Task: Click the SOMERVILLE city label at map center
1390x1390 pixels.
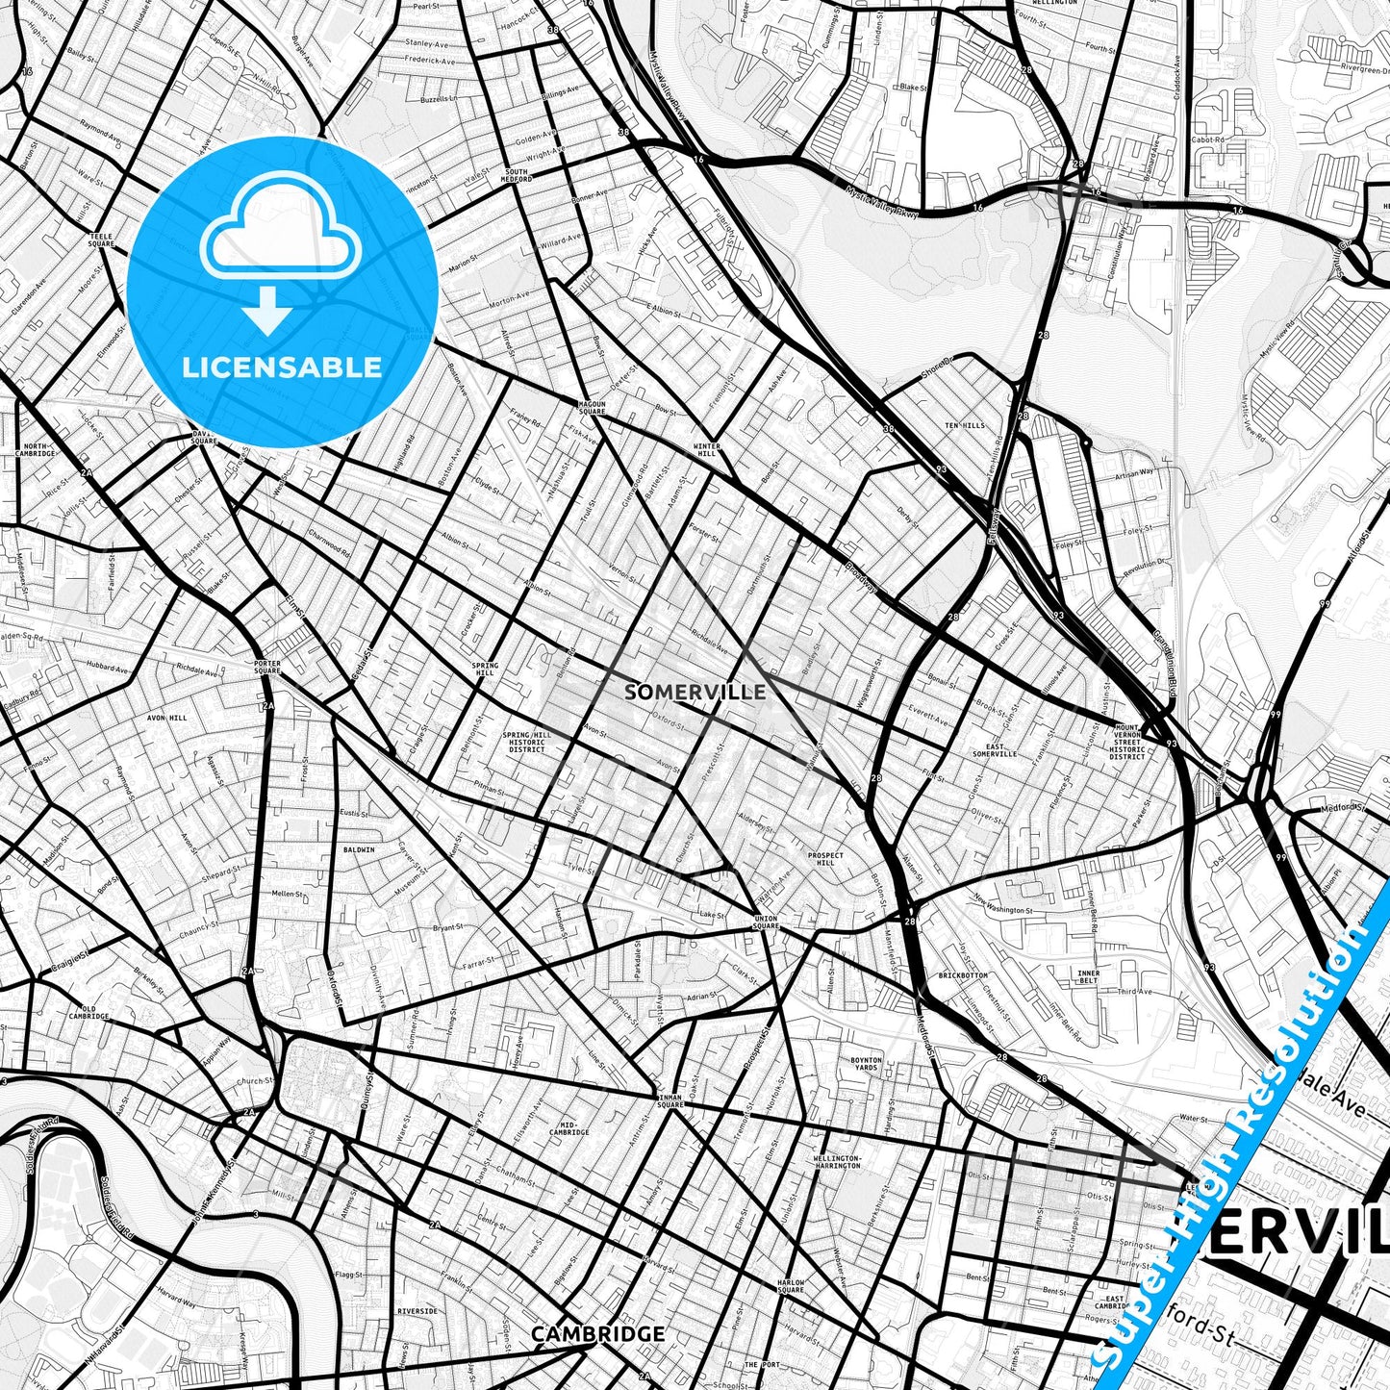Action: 695,692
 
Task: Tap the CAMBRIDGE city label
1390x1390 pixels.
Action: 597,1334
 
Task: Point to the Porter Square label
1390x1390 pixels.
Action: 266,667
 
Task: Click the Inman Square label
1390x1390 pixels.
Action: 670,1100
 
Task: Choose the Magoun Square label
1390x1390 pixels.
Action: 592,408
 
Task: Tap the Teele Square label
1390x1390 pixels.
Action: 101,240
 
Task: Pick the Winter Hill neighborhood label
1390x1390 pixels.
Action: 707,449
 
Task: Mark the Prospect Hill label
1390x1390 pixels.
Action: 825,859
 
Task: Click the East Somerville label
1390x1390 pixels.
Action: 995,749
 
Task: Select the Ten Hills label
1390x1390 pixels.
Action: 965,425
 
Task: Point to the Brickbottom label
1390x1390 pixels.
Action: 962,975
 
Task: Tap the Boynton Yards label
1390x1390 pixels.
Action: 866,1064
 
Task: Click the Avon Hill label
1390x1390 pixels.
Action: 166,718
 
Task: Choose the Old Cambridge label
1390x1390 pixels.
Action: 89,1013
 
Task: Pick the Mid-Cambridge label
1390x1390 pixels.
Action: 569,1128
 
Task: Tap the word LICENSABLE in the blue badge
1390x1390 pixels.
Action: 282,367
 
